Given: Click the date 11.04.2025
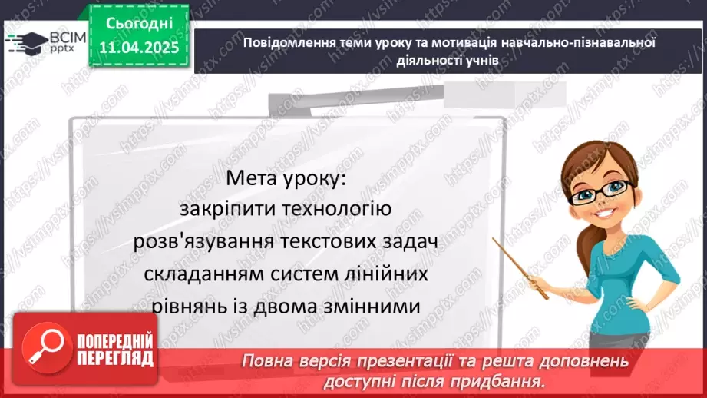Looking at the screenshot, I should [x=138, y=46].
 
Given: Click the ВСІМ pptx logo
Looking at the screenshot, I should [x=46, y=41].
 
